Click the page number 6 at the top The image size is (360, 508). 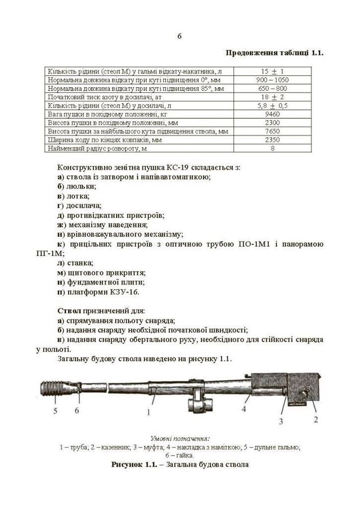coord(179,36)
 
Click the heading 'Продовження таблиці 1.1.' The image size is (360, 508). coord(274,52)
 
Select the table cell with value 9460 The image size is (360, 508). coord(273,114)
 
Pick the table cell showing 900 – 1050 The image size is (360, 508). coord(273,80)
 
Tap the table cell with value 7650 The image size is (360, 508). coord(273,132)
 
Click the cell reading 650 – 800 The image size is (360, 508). coord(273,88)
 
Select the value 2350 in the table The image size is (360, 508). coord(273,140)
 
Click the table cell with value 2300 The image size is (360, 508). coord(273,123)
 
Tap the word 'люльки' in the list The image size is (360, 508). coord(81,186)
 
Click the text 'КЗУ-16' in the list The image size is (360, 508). coord(125,292)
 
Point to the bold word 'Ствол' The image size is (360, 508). coord(68,310)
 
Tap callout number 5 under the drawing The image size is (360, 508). coord(55,411)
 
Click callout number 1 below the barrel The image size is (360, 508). coord(149,412)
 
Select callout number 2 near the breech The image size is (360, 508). coord(316,419)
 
